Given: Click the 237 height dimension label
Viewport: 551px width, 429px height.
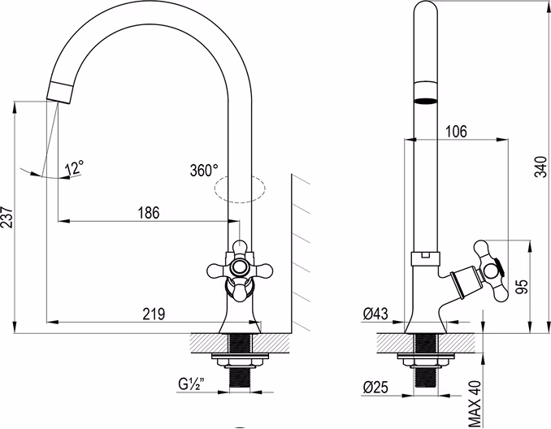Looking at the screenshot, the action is [7, 218].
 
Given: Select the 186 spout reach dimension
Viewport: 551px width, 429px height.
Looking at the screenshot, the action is [149, 213].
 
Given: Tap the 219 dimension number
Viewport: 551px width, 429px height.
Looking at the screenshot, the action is [154, 314].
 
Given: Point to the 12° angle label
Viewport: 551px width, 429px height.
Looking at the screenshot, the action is [75, 167].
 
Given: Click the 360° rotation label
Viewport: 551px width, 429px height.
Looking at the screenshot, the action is [204, 171].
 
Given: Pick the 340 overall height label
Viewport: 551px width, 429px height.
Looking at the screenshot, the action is [540, 167].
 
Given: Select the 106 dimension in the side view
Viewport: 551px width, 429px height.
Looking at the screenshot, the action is [456, 132].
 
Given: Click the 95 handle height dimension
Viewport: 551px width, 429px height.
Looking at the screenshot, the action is [522, 287].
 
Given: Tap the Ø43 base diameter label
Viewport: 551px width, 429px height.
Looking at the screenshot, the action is [375, 314].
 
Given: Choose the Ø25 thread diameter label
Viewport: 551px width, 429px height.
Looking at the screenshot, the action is [375, 387].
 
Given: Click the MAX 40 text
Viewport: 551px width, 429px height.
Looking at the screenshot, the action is [475, 403].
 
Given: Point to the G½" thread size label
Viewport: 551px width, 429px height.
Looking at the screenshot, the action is [191, 384].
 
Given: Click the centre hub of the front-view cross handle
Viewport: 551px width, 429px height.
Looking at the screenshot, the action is [240, 267].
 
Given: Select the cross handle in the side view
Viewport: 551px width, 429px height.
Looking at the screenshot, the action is [488, 271].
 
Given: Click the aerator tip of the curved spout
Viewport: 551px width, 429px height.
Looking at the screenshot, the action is [60, 93].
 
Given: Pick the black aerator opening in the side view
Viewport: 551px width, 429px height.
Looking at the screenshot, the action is [426, 102].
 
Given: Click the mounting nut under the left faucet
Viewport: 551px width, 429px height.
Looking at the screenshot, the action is [240, 362].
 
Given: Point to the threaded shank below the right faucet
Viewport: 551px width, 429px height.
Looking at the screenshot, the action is [426, 377].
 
